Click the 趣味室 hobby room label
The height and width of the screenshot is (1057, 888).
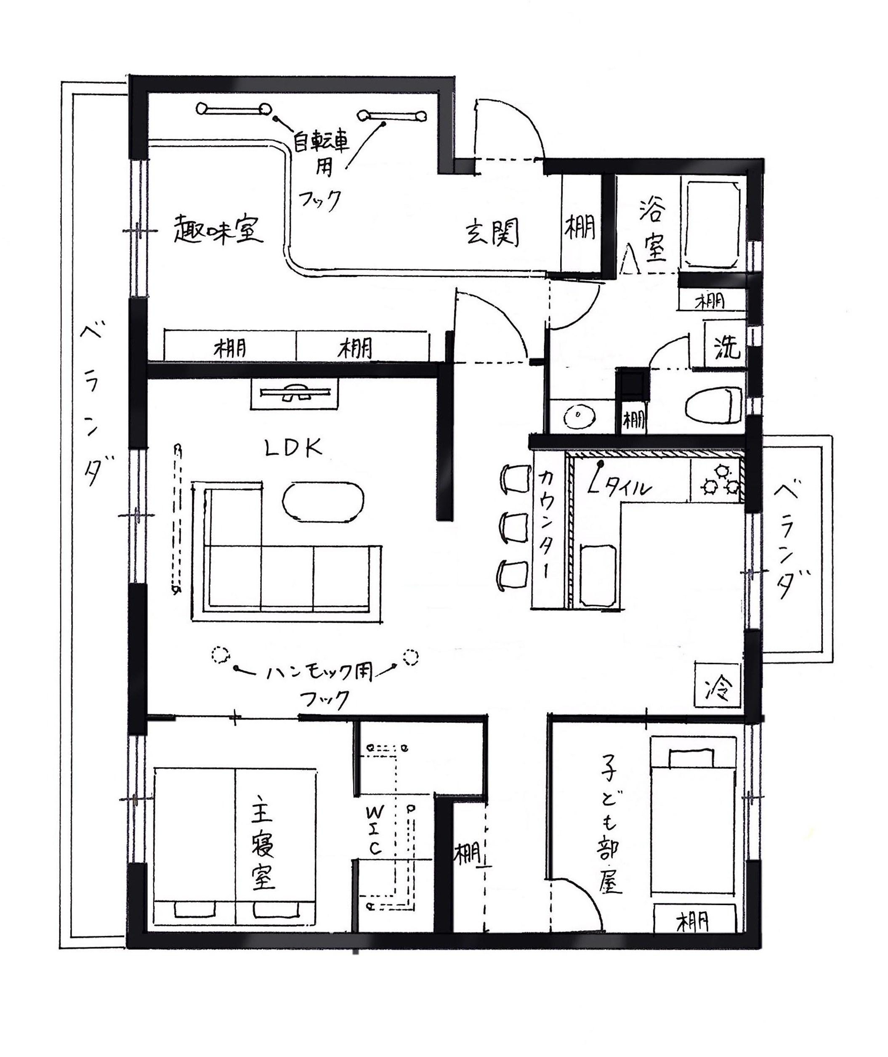click(218, 230)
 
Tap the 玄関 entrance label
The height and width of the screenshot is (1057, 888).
click(492, 233)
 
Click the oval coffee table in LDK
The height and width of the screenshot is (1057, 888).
click(323, 502)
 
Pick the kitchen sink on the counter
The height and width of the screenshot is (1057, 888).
click(598, 574)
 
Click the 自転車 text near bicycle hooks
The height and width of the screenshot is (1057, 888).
click(322, 143)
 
